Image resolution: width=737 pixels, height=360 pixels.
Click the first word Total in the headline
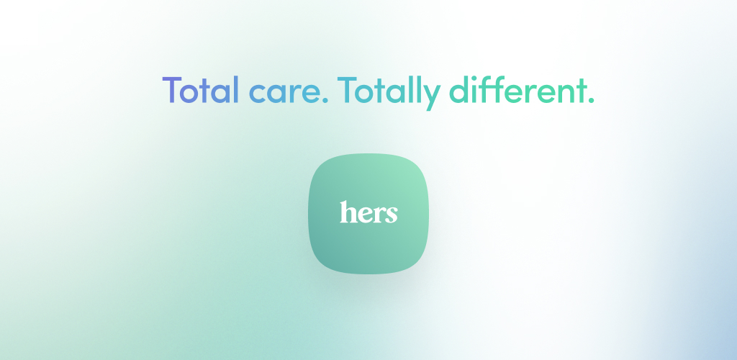point(201,90)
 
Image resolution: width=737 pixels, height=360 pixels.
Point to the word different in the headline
point(515,90)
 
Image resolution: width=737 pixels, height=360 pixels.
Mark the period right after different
point(591,101)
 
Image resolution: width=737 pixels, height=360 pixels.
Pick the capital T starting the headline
point(172,90)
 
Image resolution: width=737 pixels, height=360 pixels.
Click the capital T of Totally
point(347,90)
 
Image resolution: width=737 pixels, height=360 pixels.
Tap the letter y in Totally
point(432,96)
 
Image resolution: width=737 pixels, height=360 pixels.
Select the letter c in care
point(258,94)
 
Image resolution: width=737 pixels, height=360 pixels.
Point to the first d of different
point(459,90)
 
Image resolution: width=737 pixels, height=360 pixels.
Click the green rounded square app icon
point(368,213)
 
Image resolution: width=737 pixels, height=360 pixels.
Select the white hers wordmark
point(368,212)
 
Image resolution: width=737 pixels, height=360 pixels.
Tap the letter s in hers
point(392,215)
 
